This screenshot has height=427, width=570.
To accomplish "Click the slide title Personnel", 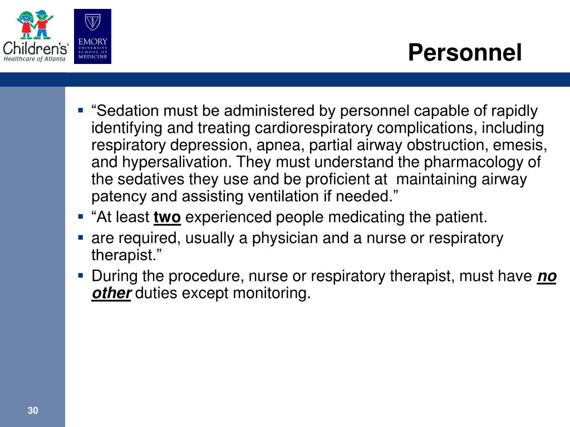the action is tap(465, 52).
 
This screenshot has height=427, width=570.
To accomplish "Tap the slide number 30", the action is tap(33, 410).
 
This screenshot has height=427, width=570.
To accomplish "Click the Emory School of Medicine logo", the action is tap(93, 36).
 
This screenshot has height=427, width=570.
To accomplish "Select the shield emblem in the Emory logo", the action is tap(93, 22).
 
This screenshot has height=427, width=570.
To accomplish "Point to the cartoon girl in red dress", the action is tap(26, 24).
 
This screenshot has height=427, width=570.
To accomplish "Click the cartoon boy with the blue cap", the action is tap(43, 24).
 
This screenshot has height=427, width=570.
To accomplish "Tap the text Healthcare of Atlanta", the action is tap(35, 59).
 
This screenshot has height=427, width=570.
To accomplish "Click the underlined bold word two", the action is tap(167, 217).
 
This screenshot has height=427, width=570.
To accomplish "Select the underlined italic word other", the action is tap(111, 293).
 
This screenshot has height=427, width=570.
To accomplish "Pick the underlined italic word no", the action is tap(547, 276).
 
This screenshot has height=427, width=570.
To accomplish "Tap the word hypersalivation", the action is tap(176, 162).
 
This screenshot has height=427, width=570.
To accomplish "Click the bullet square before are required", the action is tap(81, 238).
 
